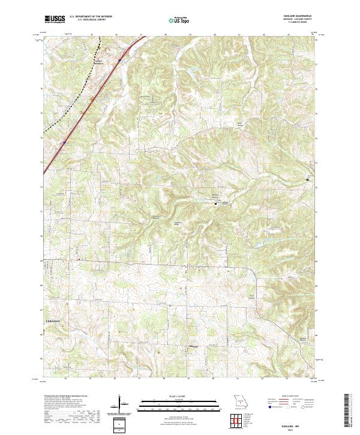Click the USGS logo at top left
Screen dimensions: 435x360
coord(55,20)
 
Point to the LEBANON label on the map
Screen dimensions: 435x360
coord(53,322)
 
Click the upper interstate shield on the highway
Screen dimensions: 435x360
coord(119,59)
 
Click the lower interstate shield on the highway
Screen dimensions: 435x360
coord(64,142)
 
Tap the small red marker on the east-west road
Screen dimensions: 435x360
coord(78,259)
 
